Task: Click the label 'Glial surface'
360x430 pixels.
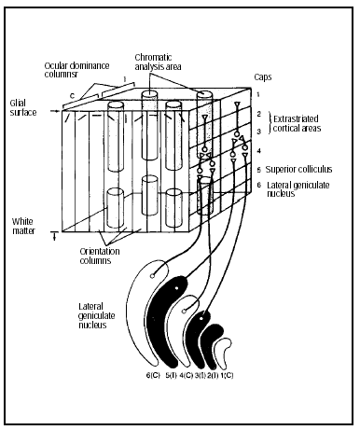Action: point(23,108)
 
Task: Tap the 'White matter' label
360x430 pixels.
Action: point(23,227)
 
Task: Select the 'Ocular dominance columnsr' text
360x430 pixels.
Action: point(76,70)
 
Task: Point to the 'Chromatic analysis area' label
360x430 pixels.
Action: point(158,62)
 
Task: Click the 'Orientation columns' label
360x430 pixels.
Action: point(100,256)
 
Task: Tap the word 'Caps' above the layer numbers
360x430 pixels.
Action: point(263,76)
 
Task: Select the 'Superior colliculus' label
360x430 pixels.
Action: point(298,170)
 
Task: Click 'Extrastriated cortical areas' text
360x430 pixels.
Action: point(297,123)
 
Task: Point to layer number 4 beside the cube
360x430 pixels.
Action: point(259,151)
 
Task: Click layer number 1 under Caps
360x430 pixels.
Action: point(258,94)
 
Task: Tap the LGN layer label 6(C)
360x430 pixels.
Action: point(153,375)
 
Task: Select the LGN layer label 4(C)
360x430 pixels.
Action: point(187,375)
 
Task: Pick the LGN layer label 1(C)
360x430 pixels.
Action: point(227,375)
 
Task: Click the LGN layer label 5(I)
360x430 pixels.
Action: point(171,375)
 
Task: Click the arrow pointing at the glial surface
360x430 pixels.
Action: point(55,111)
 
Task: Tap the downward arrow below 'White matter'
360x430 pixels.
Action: point(55,237)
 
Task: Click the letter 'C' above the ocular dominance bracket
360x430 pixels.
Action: point(72,96)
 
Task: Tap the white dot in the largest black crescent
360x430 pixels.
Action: point(176,288)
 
